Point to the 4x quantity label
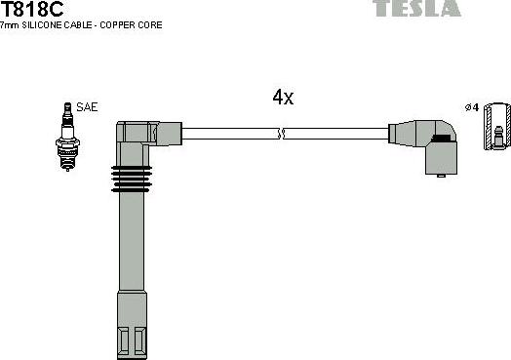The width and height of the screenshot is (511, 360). (283, 98)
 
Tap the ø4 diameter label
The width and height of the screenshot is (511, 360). (473, 107)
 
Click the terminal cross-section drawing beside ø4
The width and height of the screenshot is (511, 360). (496, 126)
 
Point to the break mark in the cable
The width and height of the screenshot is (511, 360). (281, 134)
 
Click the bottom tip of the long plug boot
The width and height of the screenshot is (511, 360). (134, 340)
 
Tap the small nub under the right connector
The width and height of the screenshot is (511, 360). (443, 173)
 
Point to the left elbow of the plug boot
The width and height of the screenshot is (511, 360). (134, 135)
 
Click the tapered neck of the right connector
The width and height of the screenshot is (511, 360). (400, 134)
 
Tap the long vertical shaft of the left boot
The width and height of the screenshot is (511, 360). (133, 254)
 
